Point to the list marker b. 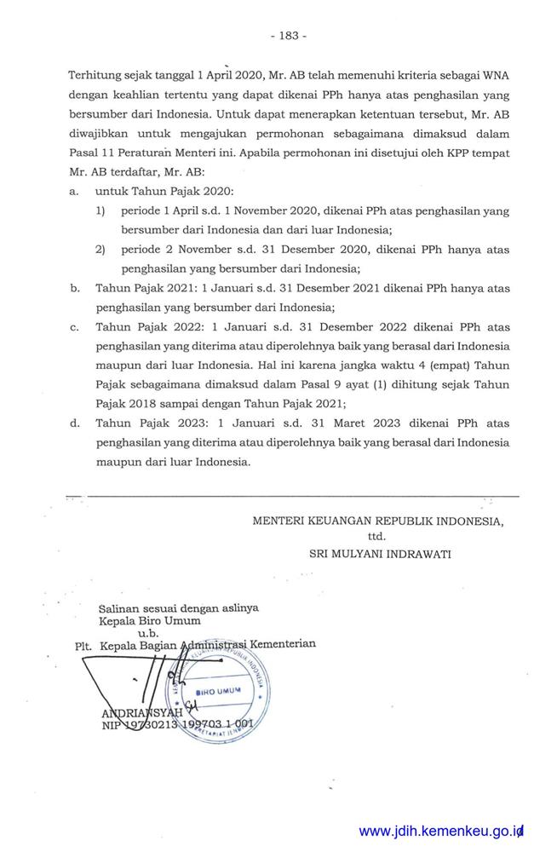74,289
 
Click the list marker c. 74,327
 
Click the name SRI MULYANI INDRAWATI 380,553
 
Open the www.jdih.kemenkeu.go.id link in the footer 439,831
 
